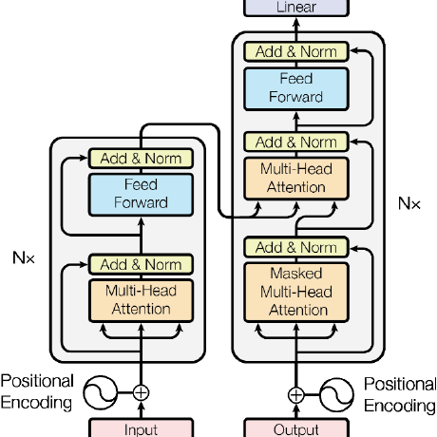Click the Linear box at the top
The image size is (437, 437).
296,8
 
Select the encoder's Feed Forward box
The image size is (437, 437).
141,195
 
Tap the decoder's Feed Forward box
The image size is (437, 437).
296,89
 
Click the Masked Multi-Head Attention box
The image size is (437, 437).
296,292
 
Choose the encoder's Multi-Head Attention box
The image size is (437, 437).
141,300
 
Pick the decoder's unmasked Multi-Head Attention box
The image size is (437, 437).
296,179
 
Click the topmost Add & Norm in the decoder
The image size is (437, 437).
296,51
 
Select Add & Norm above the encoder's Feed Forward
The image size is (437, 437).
141,159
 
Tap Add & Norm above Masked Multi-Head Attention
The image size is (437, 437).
296,247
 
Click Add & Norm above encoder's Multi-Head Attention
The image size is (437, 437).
141,264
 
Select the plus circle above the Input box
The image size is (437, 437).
141,392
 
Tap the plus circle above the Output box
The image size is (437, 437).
296,395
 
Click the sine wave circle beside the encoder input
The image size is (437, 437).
101,392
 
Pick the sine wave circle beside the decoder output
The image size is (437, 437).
336,395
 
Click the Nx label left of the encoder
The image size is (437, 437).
24,258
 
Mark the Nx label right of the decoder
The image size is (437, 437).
409,203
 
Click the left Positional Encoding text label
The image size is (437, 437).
37,391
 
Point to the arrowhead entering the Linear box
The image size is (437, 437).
296,22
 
